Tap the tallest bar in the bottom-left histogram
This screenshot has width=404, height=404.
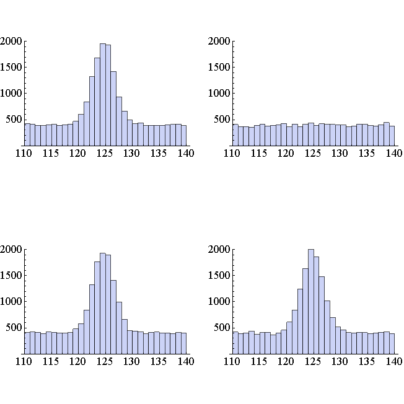[x=103, y=304]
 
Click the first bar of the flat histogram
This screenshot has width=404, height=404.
[x=235, y=135]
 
